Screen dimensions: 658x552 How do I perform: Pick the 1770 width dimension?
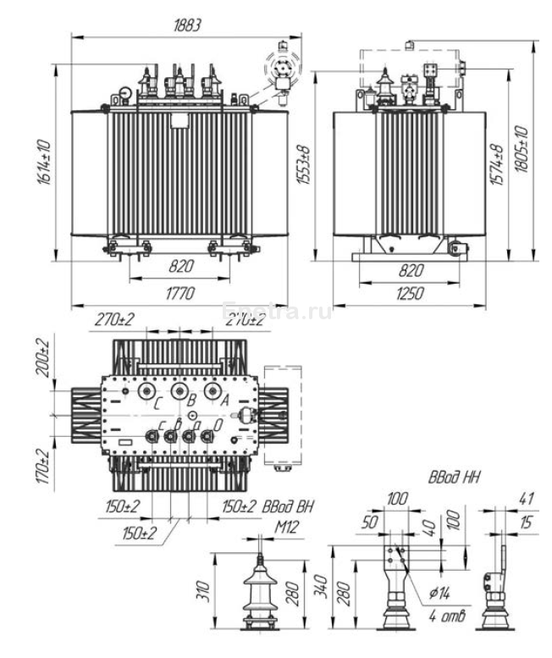tap(180, 294)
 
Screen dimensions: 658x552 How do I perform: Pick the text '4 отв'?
tap(446, 616)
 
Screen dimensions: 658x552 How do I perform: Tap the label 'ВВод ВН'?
tap(284, 507)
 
